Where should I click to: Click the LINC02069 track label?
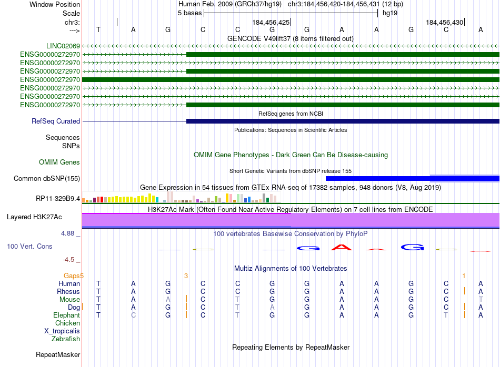[63, 46]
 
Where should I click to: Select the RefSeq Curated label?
[56, 121]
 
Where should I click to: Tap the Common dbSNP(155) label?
[47, 179]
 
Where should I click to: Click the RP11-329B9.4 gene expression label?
[58, 199]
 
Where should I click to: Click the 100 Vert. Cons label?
[29, 246]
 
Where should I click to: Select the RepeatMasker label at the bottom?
[58, 355]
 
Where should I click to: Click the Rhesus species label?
[68, 292]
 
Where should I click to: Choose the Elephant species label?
[67, 315]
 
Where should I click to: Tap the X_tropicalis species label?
[62, 331]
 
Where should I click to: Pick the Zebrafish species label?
[66, 339]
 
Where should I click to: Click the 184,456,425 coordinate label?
[271, 23]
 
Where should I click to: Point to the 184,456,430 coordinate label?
[445, 23]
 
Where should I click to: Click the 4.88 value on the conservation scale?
[71, 233]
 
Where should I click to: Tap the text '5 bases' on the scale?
[189, 13]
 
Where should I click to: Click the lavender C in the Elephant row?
[133, 315]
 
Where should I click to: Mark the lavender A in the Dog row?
[272, 307]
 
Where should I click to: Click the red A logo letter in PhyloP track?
[342, 247]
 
